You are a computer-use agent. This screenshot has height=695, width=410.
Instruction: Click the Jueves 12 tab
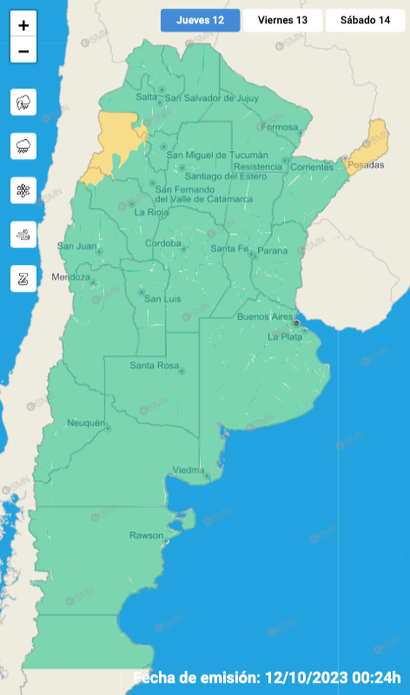[200, 20]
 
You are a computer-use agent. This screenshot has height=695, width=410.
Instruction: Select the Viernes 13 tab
[282, 20]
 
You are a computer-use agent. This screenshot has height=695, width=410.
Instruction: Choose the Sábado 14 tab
[365, 20]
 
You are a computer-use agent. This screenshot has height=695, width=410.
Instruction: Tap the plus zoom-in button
[24, 26]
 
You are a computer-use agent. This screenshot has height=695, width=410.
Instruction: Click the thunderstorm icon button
[24, 102]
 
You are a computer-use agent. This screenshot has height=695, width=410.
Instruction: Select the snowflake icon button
[24, 190]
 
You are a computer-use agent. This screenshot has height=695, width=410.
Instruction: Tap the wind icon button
[24, 235]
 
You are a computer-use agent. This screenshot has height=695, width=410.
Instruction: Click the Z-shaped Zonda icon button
[24, 278]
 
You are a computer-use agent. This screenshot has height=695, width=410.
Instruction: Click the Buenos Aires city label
[265, 316]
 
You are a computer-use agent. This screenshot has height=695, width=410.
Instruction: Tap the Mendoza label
[71, 277]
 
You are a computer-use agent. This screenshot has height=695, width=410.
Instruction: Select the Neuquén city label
[86, 423]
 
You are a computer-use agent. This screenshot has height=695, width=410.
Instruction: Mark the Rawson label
[146, 536]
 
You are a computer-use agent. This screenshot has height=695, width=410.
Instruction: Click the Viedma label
[188, 470]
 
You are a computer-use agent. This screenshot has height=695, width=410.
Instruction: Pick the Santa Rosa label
[154, 366]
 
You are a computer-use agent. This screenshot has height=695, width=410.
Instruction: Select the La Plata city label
[285, 336]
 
